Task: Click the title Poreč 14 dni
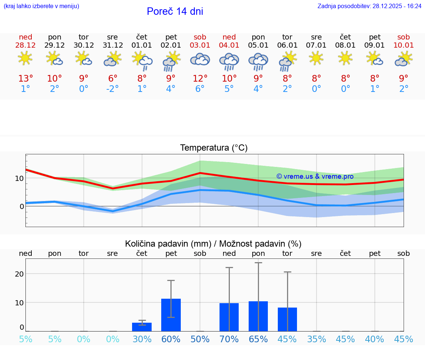click(x=175, y=11)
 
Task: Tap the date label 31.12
click(x=113, y=45)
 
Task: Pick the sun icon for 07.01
click(x=316, y=58)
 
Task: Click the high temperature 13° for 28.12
click(x=25, y=79)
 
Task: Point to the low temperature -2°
click(x=113, y=89)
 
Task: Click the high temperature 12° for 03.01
click(x=200, y=79)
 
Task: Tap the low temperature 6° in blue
click(x=200, y=89)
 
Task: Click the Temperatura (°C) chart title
click(x=214, y=148)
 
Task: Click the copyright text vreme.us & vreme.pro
click(x=315, y=176)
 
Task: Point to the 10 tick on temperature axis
click(x=19, y=178)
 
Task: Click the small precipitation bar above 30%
click(x=142, y=327)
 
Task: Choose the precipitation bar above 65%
click(x=258, y=316)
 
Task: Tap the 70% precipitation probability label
click(x=229, y=339)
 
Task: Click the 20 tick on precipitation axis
click(x=19, y=274)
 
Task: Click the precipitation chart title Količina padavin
click(x=213, y=244)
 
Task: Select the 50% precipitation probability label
click(x=200, y=339)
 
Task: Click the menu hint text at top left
click(x=41, y=6)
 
